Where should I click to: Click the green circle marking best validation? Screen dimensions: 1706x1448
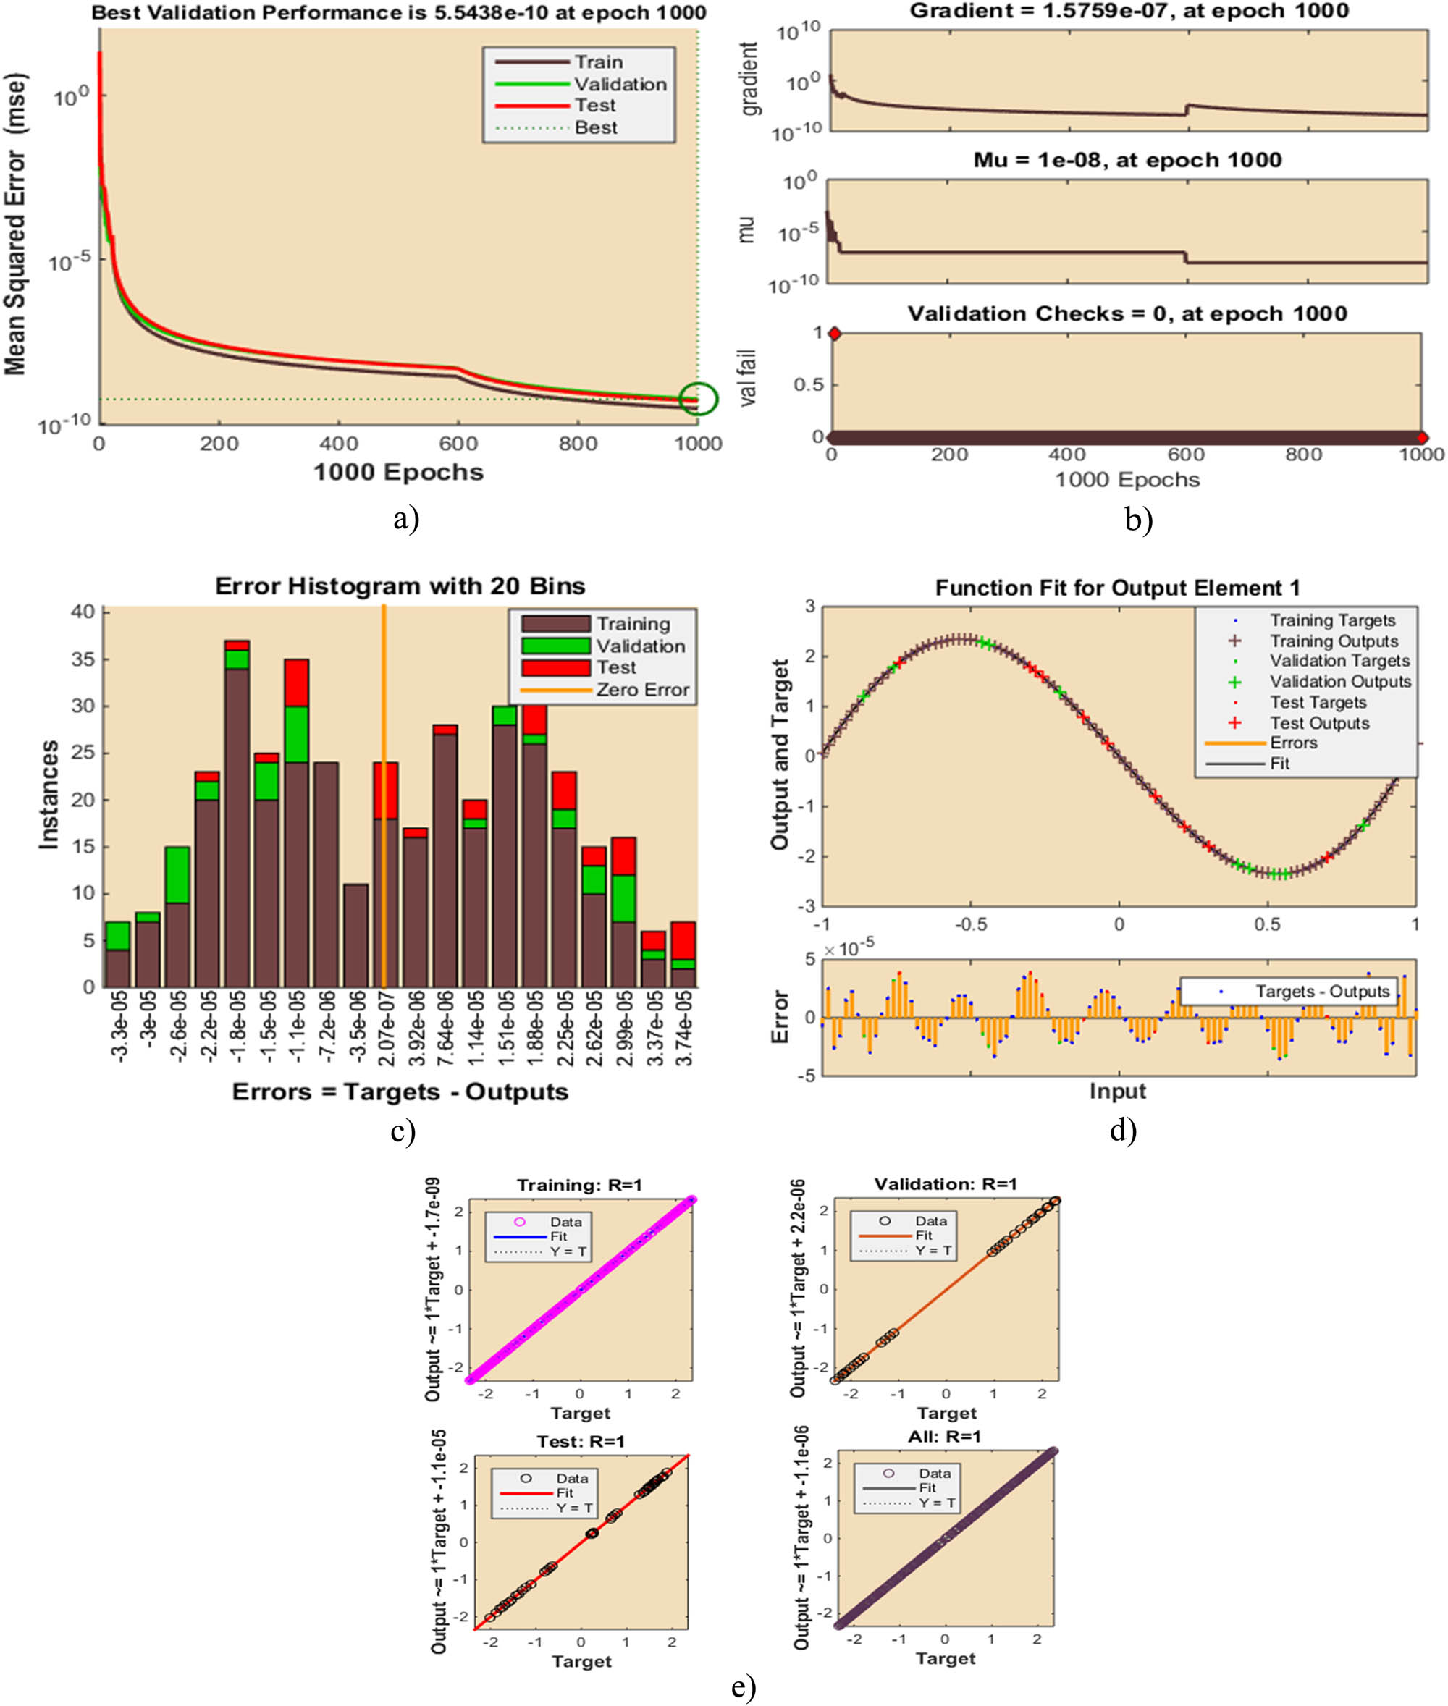click(699, 399)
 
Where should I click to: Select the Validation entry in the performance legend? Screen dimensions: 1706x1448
click(620, 84)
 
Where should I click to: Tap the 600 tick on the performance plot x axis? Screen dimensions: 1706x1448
click(458, 444)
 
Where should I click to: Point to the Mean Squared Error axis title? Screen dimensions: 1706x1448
click(16, 223)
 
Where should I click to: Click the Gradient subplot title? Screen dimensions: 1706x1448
click(1129, 11)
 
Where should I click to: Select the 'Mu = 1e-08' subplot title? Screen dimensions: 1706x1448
click(1127, 159)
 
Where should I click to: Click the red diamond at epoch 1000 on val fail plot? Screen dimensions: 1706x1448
click(1422, 437)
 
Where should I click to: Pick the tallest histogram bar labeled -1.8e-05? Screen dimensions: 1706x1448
click(237, 812)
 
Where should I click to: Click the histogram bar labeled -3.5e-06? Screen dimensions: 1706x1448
click(355, 934)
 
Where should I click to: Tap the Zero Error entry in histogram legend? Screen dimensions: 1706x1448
click(642, 689)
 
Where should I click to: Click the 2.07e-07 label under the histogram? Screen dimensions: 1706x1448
click(386, 1027)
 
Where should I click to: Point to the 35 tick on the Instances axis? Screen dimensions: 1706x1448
click(83, 659)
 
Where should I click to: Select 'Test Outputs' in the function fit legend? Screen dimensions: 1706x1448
click(1319, 723)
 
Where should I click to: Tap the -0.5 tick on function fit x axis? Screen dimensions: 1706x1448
click(970, 924)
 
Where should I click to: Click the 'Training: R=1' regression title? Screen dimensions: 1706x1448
click(579, 1185)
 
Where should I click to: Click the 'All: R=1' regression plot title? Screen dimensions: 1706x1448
click(946, 1436)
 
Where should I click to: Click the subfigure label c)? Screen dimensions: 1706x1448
click(403, 1131)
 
